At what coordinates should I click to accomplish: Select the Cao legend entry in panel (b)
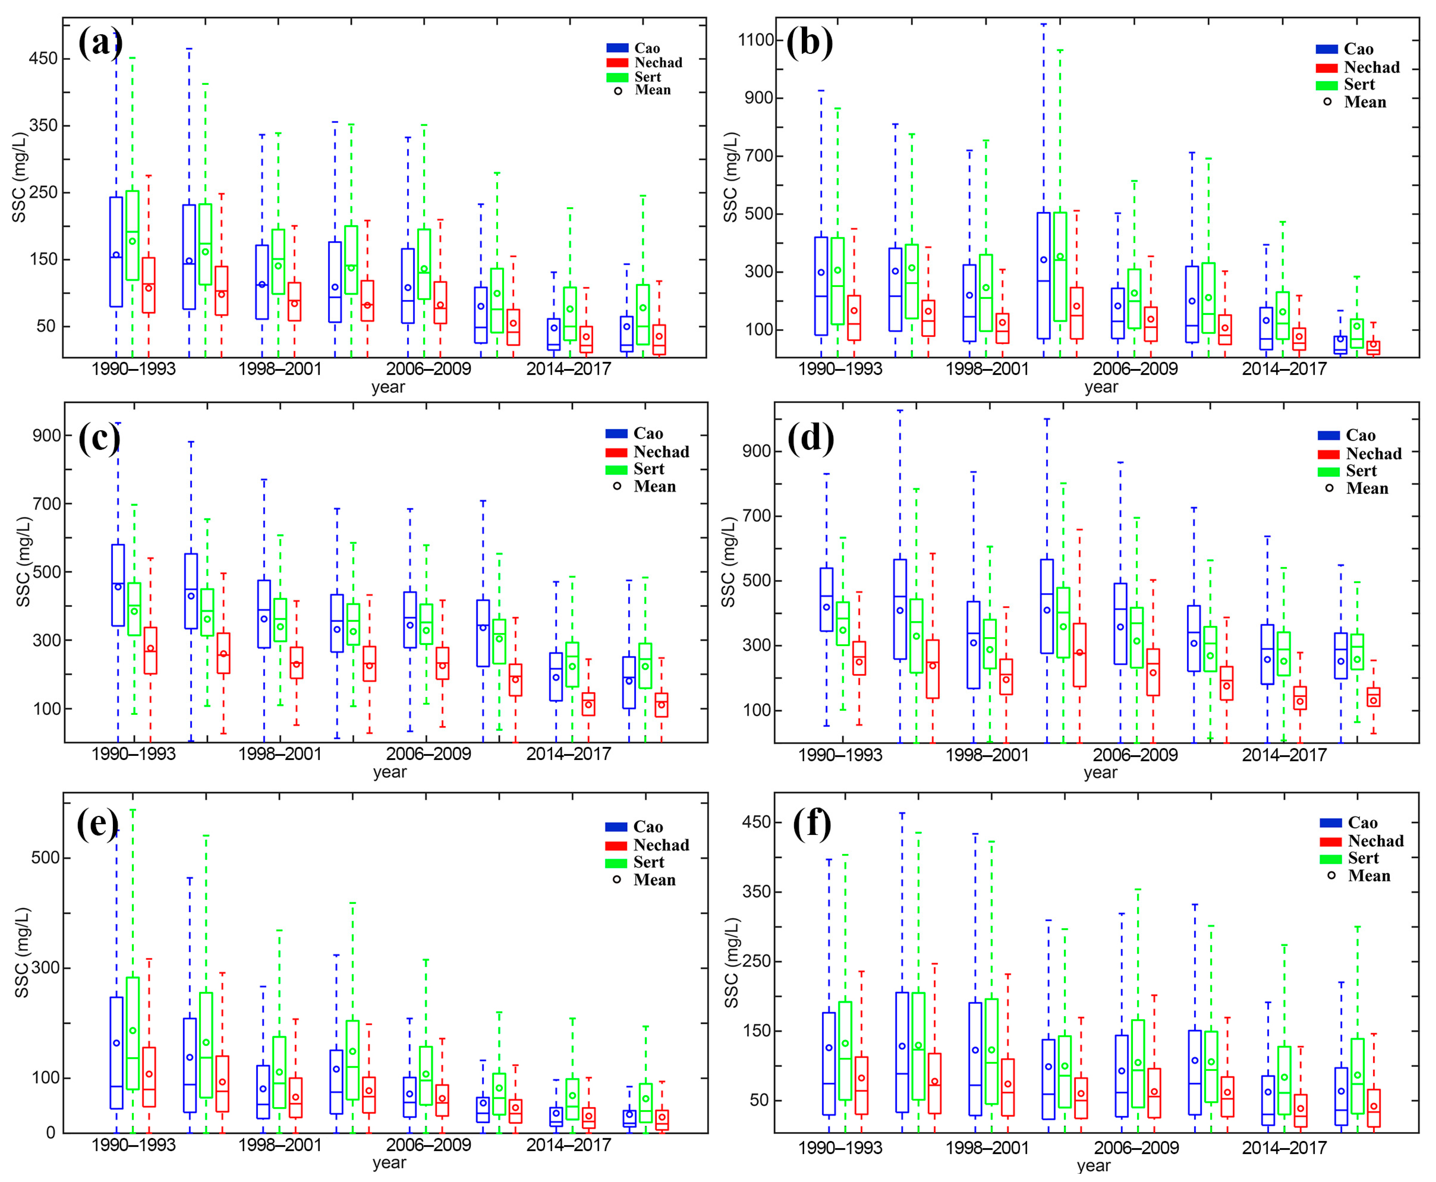pos(1356,49)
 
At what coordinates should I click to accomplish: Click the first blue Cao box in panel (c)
pos(118,585)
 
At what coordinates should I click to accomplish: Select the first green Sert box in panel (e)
pos(133,1034)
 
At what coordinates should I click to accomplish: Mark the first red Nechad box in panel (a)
pos(148,285)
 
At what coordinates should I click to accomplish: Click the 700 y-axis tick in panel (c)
pos(46,504)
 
